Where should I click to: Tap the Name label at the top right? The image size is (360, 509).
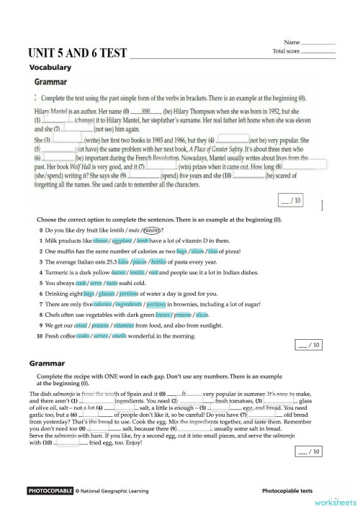click(292, 43)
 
